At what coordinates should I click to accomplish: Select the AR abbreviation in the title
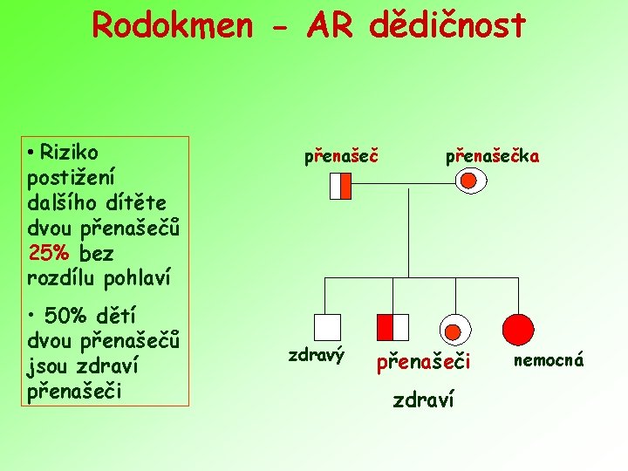pyautogui.click(x=331, y=26)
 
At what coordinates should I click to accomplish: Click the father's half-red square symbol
pyautogui.click(x=341, y=185)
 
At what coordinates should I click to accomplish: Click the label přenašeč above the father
pyautogui.click(x=341, y=157)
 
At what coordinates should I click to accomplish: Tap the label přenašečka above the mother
pyautogui.click(x=493, y=157)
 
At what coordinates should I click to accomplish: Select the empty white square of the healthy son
pyautogui.click(x=327, y=327)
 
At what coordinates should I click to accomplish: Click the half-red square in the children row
pyautogui.click(x=392, y=327)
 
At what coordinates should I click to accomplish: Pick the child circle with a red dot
pyautogui.click(x=454, y=328)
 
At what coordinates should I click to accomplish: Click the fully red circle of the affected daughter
pyautogui.click(x=518, y=328)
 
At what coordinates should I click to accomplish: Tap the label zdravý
pyautogui.click(x=317, y=355)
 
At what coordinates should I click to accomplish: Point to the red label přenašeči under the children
pyautogui.click(x=423, y=361)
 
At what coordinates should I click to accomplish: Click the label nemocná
pyautogui.click(x=549, y=359)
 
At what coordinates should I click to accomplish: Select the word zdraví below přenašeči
pyautogui.click(x=423, y=401)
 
